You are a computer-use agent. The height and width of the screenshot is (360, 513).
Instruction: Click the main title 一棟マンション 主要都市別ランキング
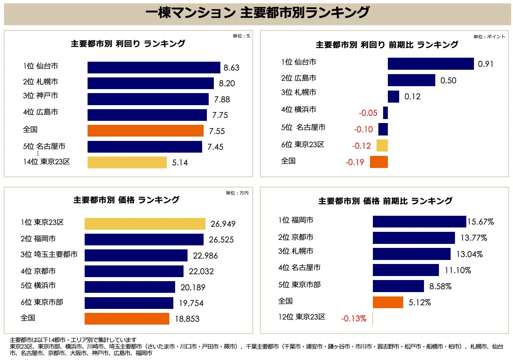tap(257, 13)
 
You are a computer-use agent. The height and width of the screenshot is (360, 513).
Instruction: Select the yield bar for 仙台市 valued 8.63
tap(154, 68)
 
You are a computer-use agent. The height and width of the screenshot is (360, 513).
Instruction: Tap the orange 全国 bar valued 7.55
tap(145, 131)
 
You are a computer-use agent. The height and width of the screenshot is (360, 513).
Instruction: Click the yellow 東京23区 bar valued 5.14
tap(127, 162)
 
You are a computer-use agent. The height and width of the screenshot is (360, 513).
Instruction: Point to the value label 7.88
tap(222, 99)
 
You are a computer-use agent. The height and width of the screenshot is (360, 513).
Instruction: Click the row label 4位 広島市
tap(40, 112)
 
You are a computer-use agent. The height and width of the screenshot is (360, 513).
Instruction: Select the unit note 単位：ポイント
tap(489, 37)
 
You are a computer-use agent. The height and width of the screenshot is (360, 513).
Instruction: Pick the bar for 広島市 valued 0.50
tap(411, 80)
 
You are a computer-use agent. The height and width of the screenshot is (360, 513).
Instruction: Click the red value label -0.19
tap(355, 162)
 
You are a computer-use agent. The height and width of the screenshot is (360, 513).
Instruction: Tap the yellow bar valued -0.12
tap(382, 145)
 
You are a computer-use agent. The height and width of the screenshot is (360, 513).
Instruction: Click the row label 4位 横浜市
tap(298, 110)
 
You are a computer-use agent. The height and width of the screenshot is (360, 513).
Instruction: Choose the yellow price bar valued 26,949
tap(145, 224)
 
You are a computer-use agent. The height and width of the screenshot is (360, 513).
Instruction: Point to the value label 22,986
tap(205, 256)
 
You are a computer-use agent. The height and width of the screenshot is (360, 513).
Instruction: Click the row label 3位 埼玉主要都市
tap(49, 254)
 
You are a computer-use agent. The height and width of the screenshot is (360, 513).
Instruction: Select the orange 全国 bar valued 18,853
tap(127, 319)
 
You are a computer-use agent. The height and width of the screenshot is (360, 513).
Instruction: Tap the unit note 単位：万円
tap(237, 193)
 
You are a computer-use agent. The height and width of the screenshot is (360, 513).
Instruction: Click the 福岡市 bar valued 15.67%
tap(419, 222)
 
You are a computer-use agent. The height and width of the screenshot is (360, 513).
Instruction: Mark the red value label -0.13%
tap(354, 318)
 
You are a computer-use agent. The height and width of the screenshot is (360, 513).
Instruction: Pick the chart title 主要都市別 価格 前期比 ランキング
tap(385, 201)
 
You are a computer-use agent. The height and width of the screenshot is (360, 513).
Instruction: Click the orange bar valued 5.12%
tap(388, 302)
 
